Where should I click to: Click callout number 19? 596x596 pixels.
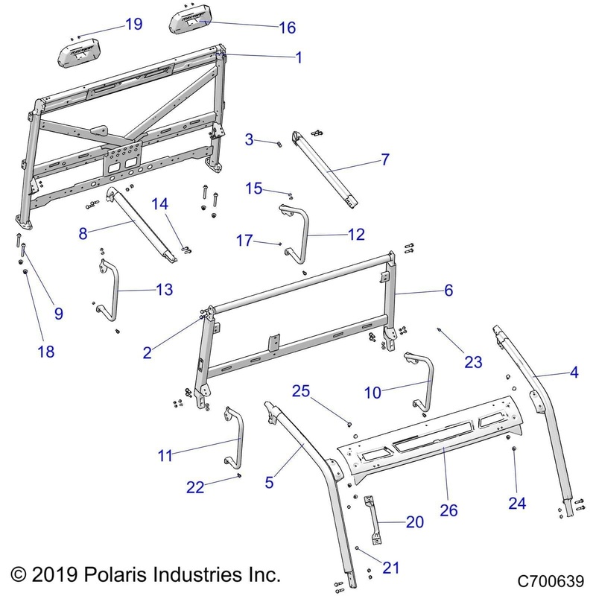pyautogui.click(x=133, y=24)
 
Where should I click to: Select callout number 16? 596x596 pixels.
pyautogui.click(x=287, y=28)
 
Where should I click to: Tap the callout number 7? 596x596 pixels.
pyautogui.click(x=384, y=159)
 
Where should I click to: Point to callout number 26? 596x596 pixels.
pyautogui.click(x=448, y=510)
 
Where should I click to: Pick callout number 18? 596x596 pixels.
pyautogui.click(x=46, y=352)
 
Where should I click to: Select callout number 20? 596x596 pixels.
pyautogui.click(x=414, y=522)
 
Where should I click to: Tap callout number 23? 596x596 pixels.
pyautogui.click(x=474, y=362)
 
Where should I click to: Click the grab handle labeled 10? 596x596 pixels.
pyautogui.click(x=423, y=380)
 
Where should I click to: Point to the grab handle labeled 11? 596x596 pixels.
pyautogui.click(x=236, y=436)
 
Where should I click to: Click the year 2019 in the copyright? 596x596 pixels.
pyautogui.click(x=60, y=575)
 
